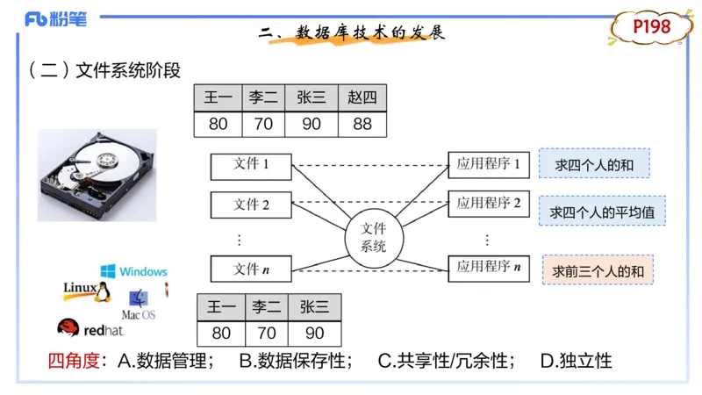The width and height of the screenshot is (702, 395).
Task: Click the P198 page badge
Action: tap(651, 27)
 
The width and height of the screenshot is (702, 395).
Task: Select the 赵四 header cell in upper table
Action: tap(362, 97)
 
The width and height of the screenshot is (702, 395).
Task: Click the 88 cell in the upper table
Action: tap(362, 124)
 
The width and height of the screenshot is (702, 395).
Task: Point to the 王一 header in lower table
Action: tap(221, 307)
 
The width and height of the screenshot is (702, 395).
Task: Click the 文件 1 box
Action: tap(251, 165)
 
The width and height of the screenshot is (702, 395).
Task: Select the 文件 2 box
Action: tap(251, 205)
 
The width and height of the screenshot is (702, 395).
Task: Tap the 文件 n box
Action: tap(251, 269)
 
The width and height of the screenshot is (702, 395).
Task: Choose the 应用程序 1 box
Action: tap(489, 164)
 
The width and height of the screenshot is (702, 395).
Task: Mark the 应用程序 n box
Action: tap(489, 268)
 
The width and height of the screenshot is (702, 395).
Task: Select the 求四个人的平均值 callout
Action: tap(601, 212)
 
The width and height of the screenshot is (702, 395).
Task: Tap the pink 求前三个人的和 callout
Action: tap(598, 271)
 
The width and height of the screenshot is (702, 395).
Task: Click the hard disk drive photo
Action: tap(97, 176)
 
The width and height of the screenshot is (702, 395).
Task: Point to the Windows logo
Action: tap(133, 271)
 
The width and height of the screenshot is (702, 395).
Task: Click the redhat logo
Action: tap(91, 329)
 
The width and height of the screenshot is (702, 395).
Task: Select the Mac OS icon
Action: tap(138, 304)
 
